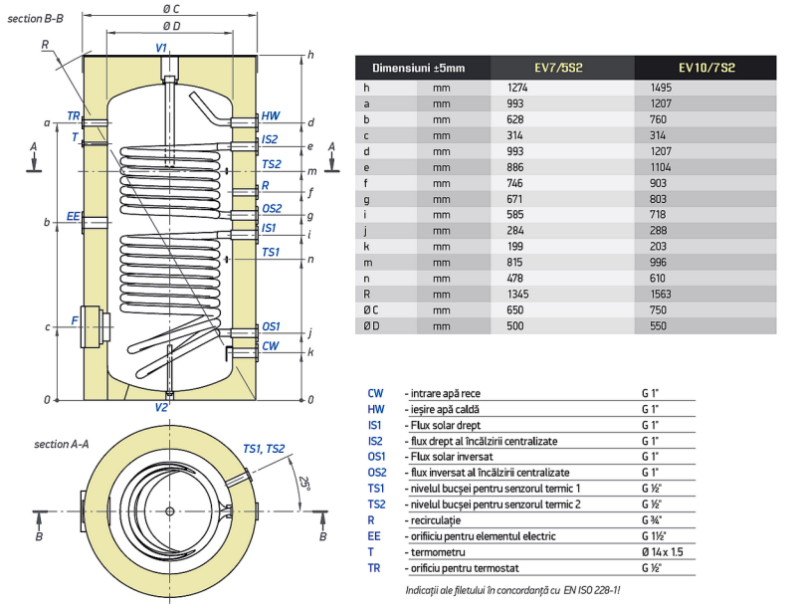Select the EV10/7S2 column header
tap(706, 68)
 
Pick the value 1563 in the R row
tap(659, 295)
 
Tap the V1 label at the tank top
tap(161, 48)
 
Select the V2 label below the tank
tap(162, 407)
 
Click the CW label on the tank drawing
tap(270, 346)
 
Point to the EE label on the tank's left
tap(73, 216)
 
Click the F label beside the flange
tap(74, 320)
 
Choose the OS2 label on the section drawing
tap(271, 208)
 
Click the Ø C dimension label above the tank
tap(170, 9)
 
